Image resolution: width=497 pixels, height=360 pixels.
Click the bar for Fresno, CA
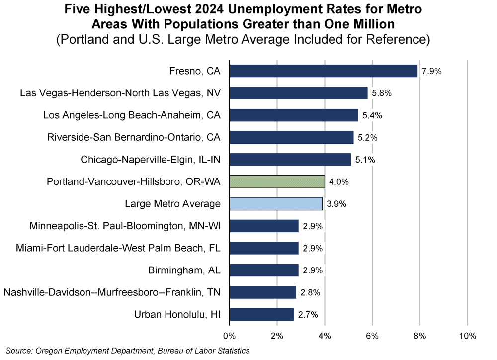click(x=323, y=71)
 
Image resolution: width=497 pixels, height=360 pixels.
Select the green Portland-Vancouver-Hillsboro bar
click(x=277, y=181)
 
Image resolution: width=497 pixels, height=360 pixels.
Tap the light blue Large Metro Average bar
click(x=276, y=204)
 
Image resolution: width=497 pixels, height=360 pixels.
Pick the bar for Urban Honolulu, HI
click(x=261, y=314)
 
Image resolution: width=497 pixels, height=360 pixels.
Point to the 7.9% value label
click(x=431, y=71)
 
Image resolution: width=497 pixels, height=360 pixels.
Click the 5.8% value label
click(x=381, y=93)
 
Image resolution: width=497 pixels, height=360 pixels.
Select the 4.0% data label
click(x=338, y=182)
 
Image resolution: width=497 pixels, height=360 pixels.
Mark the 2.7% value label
click(x=308, y=315)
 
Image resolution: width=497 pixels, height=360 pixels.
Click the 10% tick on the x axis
click(x=468, y=336)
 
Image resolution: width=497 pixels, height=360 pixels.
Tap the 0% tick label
click(x=229, y=336)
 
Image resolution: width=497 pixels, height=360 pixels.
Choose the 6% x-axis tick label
click(x=372, y=336)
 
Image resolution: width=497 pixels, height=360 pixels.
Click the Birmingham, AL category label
click(x=184, y=270)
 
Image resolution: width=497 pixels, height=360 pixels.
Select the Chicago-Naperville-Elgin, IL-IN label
click(x=151, y=160)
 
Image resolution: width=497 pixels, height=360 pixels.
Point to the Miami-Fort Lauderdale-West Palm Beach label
click(x=118, y=248)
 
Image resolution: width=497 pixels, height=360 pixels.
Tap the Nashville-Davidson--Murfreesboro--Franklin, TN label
click(x=112, y=292)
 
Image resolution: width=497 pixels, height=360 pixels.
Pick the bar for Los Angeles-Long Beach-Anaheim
click(x=293, y=115)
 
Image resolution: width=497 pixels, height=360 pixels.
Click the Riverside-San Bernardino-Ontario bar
click(x=291, y=137)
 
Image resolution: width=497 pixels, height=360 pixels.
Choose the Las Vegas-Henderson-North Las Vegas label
click(x=120, y=93)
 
